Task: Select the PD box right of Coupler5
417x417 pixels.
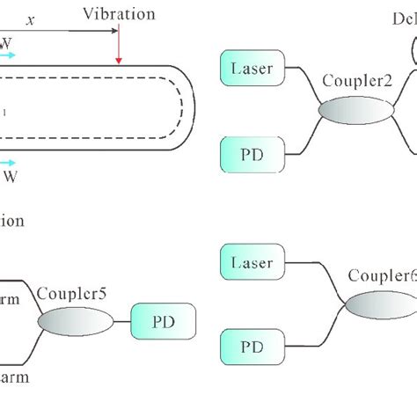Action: point(164,322)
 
